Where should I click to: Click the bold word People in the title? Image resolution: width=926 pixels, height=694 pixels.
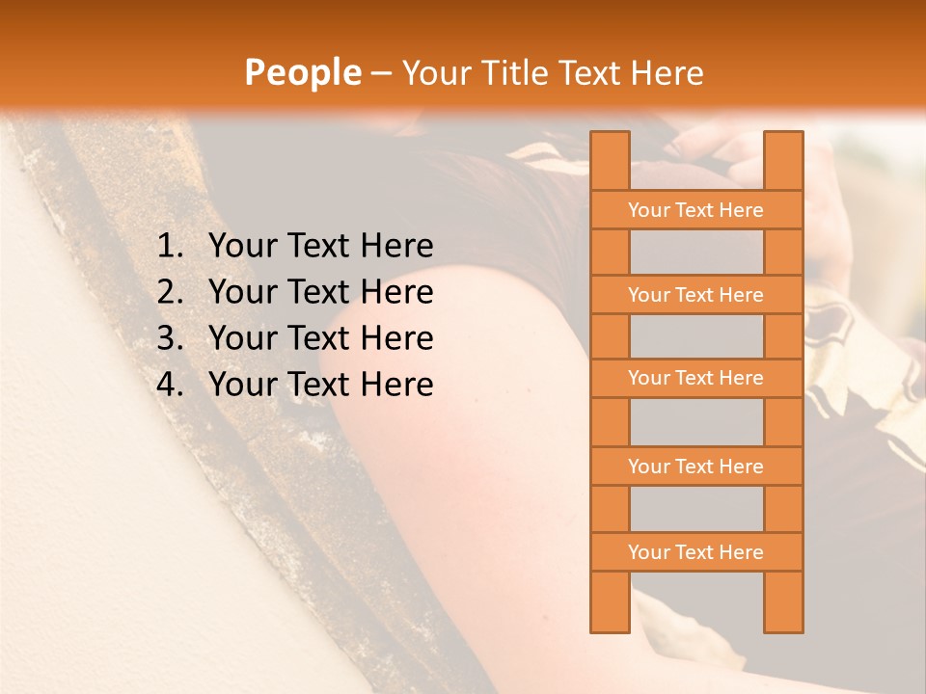[x=303, y=72]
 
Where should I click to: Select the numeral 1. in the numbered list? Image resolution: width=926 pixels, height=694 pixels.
[x=170, y=247]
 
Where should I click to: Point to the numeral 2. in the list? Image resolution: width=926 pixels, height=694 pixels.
[x=170, y=292]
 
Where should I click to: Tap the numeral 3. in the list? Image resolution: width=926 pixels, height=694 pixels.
[x=170, y=338]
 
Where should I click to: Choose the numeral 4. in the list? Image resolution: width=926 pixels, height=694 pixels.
[x=170, y=385]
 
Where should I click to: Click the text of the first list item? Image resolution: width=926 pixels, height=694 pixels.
[x=320, y=247]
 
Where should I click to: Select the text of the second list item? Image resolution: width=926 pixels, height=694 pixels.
[x=320, y=292]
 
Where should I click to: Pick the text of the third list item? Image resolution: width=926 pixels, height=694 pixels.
[x=320, y=338]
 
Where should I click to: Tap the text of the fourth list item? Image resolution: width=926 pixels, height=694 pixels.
[x=320, y=385]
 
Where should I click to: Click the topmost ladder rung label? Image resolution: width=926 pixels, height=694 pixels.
[x=695, y=210]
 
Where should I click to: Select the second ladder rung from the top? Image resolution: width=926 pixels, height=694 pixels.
[x=695, y=295]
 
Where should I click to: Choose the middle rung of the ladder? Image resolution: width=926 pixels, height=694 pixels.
[x=695, y=378]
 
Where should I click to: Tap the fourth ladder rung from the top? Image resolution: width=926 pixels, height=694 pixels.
[x=695, y=467]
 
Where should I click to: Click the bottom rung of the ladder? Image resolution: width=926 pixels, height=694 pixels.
[x=695, y=552]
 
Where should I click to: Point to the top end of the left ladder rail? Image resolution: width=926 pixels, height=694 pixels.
[x=610, y=137]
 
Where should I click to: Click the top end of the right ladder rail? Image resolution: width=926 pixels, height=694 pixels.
[x=783, y=137]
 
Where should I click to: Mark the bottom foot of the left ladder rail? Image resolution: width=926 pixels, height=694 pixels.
[x=610, y=627]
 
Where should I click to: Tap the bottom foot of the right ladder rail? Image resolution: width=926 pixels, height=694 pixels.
[x=783, y=627]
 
